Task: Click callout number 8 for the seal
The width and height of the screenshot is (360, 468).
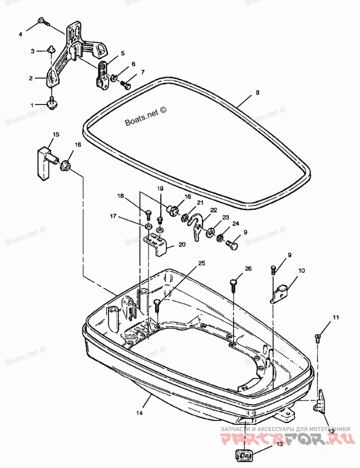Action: tap(257, 93)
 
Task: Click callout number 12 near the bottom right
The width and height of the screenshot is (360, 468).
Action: tap(331, 431)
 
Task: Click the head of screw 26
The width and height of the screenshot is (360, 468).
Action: tap(234, 283)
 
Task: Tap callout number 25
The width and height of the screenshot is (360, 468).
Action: tap(201, 263)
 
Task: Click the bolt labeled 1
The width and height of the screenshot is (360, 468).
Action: tap(52, 104)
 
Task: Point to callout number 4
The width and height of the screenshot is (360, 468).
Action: tap(20, 34)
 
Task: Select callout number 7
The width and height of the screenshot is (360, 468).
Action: tap(142, 72)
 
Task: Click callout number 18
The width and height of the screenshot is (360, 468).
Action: tap(120, 196)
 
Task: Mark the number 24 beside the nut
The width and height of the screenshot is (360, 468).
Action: tap(235, 223)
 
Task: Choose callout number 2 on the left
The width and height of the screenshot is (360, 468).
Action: tap(31, 78)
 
